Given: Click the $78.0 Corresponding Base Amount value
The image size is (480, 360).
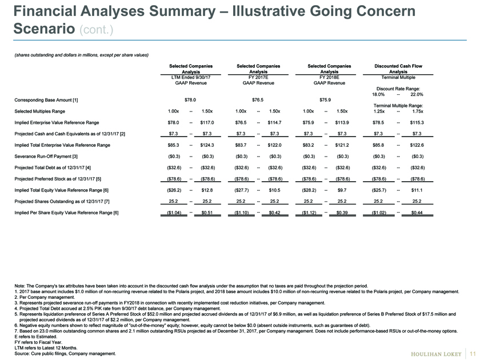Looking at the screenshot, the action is click(x=190, y=100).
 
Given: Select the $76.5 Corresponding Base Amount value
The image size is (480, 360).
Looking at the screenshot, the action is click(x=258, y=100).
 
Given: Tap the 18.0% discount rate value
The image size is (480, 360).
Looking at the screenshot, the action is click(x=378, y=94).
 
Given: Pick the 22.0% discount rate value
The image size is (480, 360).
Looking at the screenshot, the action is click(x=417, y=94).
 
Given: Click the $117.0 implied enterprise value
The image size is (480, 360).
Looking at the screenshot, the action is click(x=207, y=122).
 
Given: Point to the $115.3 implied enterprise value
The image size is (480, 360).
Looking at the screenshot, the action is click(x=417, y=122).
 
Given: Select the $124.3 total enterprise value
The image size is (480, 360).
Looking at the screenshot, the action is click(x=207, y=145).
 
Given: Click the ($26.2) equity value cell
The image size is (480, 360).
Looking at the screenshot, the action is click(x=174, y=190).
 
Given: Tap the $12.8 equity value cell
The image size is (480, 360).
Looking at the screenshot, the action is click(x=207, y=190).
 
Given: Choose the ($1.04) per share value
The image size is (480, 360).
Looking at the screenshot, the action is click(x=174, y=213).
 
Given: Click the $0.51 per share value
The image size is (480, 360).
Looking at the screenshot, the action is click(x=207, y=213).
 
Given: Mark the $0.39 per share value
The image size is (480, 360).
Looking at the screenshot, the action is click(x=342, y=213).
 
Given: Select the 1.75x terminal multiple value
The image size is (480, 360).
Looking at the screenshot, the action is click(x=418, y=111).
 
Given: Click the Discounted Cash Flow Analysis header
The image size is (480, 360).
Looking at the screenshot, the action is click(x=398, y=69).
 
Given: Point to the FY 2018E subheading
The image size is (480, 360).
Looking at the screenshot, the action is click(x=329, y=77).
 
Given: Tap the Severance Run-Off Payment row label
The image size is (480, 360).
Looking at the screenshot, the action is click(x=46, y=157).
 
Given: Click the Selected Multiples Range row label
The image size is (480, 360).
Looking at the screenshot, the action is click(x=40, y=111).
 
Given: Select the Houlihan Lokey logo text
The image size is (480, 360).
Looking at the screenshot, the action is click(x=436, y=354).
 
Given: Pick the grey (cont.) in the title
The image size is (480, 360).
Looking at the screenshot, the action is click(x=97, y=30).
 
